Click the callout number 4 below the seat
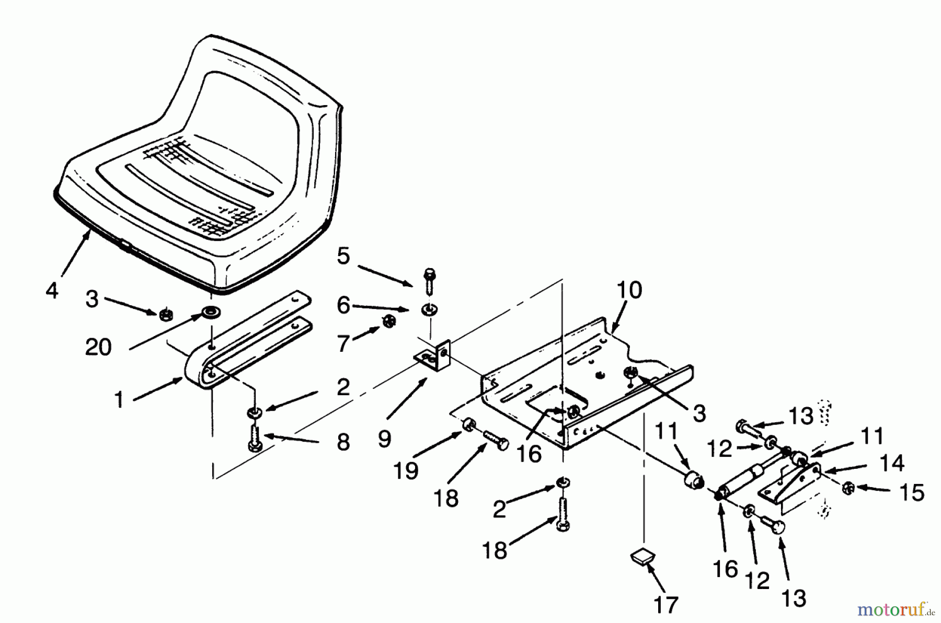pyautogui.click(x=52, y=290)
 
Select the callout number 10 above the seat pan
pyautogui.click(x=629, y=290)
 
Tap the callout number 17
pyautogui.click(x=665, y=605)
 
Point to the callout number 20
pyautogui.click(x=98, y=347)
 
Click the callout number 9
pyautogui.click(x=384, y=439)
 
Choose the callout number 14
pyautogui.click(x=891, y=463)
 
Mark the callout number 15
pyautogui.click(x=912, y=492)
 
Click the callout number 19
pyautogui.click(x=406, y=471)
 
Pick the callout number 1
pyautogui.click(x=119, y=400)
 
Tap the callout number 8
pyautogui.click(x=343, y=442)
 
